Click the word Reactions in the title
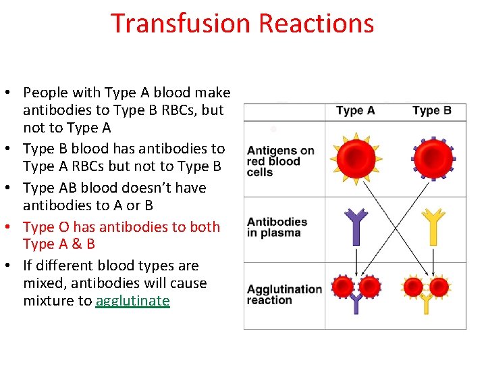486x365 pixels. pyautogui.click(x=316, y=23)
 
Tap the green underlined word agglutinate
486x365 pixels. pyautogui.click(x=132, y=301)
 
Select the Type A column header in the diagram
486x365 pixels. pyautogui.click(x=355, y=111)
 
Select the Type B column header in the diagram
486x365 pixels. pyautogui.click(x=432, y=111)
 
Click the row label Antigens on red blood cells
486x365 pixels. pyautogui.click(x=280, y=161)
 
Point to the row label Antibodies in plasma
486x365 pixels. pyautogui.click(x=277, y=227)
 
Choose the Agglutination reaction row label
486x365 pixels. pyautogui.click(x=283, y=295)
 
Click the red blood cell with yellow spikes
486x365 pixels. pyautogui.click(x=356, y=158)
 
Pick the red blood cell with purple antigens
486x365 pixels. pyautogui.click(x=433, y=158)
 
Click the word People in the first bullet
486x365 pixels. pyautogui.click(x=44, y=93)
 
